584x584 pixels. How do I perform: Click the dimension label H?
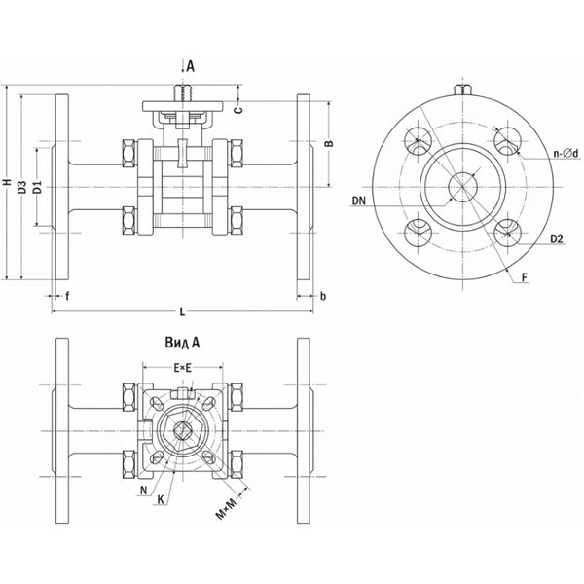point(7,184)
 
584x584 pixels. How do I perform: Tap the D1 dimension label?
point(35,186)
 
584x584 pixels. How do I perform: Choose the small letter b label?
point(322,295)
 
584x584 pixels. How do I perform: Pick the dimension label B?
point(328,143)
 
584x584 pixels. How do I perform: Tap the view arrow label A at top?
point(191,66)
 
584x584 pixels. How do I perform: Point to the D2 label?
point(557,237)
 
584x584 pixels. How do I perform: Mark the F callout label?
point(525,278)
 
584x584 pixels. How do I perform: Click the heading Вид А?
point(182,343)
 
